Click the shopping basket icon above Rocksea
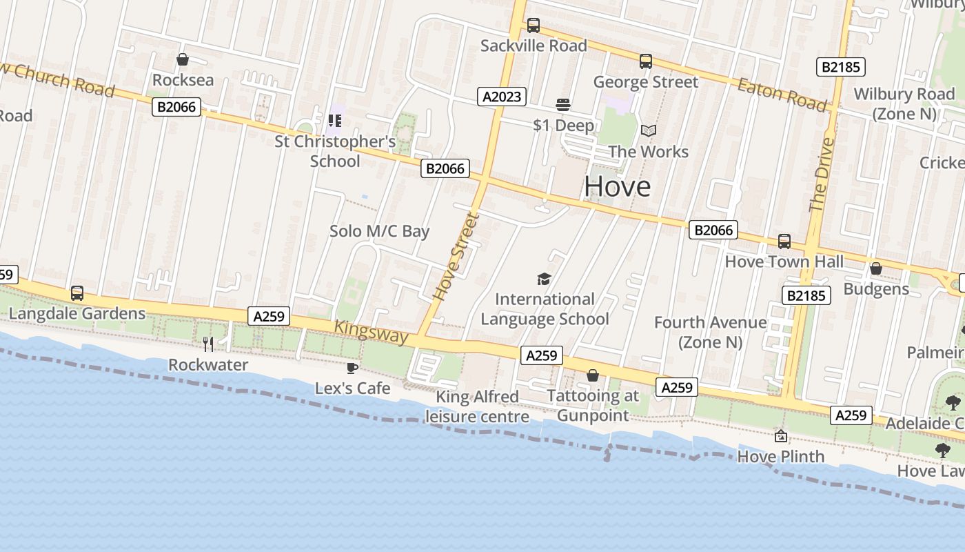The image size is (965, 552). tap(183, 60)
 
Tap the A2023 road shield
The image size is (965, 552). tap(502, 97)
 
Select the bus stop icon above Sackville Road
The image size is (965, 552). tap(534, 26)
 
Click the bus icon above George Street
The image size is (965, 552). tap(645, 61)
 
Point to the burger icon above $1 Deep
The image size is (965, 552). tap(563, 105)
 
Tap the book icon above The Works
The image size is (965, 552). tap(648, 130)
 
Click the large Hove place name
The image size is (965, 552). tap(618, 186)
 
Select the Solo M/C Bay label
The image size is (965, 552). tap(379, 231)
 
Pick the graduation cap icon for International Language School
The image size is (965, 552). tap(545, 279)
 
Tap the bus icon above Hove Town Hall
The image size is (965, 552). tap(784, 241)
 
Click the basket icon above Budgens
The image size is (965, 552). tap(876, 268)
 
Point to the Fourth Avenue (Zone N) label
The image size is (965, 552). tap(710, 332)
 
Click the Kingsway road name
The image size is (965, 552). tap(372, 333)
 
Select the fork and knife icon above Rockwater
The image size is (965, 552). tap(208, 344)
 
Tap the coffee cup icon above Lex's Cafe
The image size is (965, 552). tap(352, 368)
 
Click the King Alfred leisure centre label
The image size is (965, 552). tap(477, 406)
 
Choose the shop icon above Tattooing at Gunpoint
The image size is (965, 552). tap(592, 375)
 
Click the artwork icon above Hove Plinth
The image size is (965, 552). tap(781, 436)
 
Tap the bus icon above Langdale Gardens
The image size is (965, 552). tap(77, 293)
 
